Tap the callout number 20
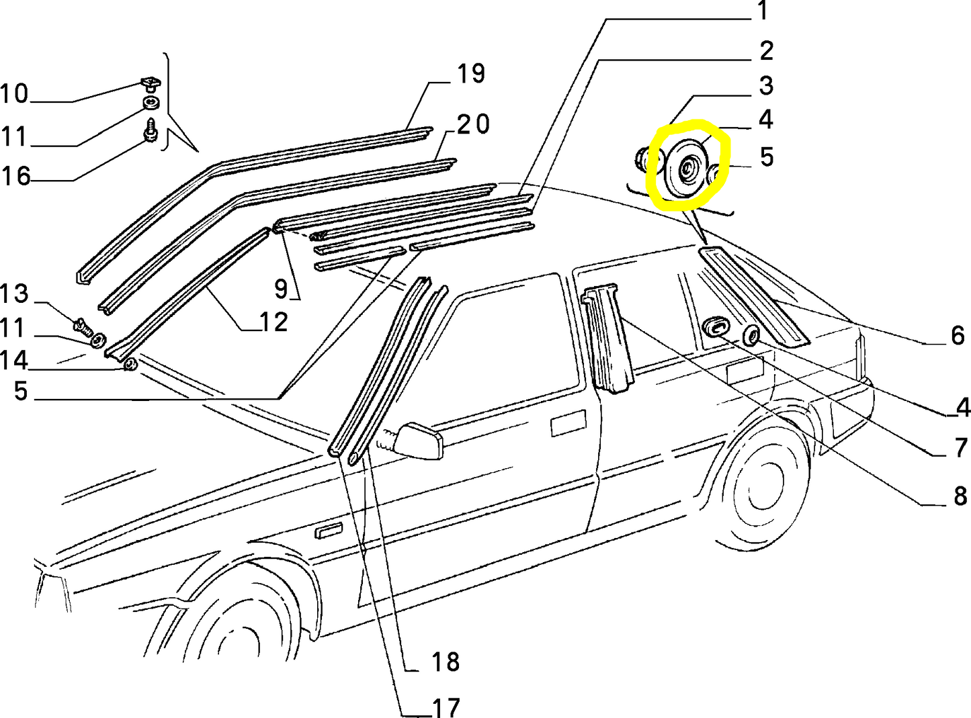(474, 124)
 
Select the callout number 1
(762, 11)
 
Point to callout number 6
(958, 335)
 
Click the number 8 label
(960, 496)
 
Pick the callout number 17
(445, 707)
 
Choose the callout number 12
(273, 322)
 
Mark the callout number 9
(281, 289)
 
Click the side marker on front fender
(329, 533)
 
